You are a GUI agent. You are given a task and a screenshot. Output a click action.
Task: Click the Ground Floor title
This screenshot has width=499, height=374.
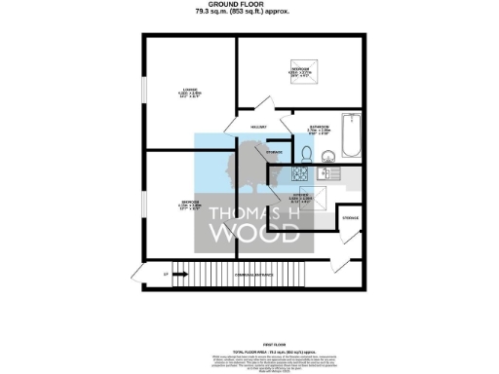click(x=249, y=6)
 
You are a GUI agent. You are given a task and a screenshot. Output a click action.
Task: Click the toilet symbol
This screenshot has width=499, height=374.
click(x=305, y=155)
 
